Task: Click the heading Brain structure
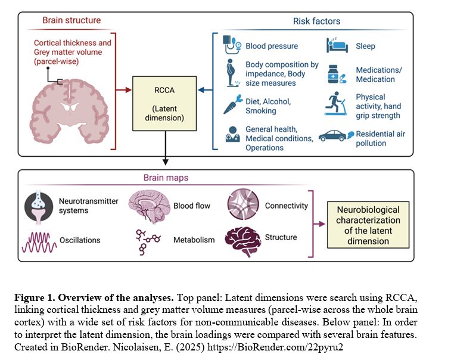tap(71, 21)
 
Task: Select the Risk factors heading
tap(316, 21)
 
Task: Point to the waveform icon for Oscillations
tap(38, 240)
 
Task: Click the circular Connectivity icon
tap(242, 206)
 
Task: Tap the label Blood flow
tap(192, 206)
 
